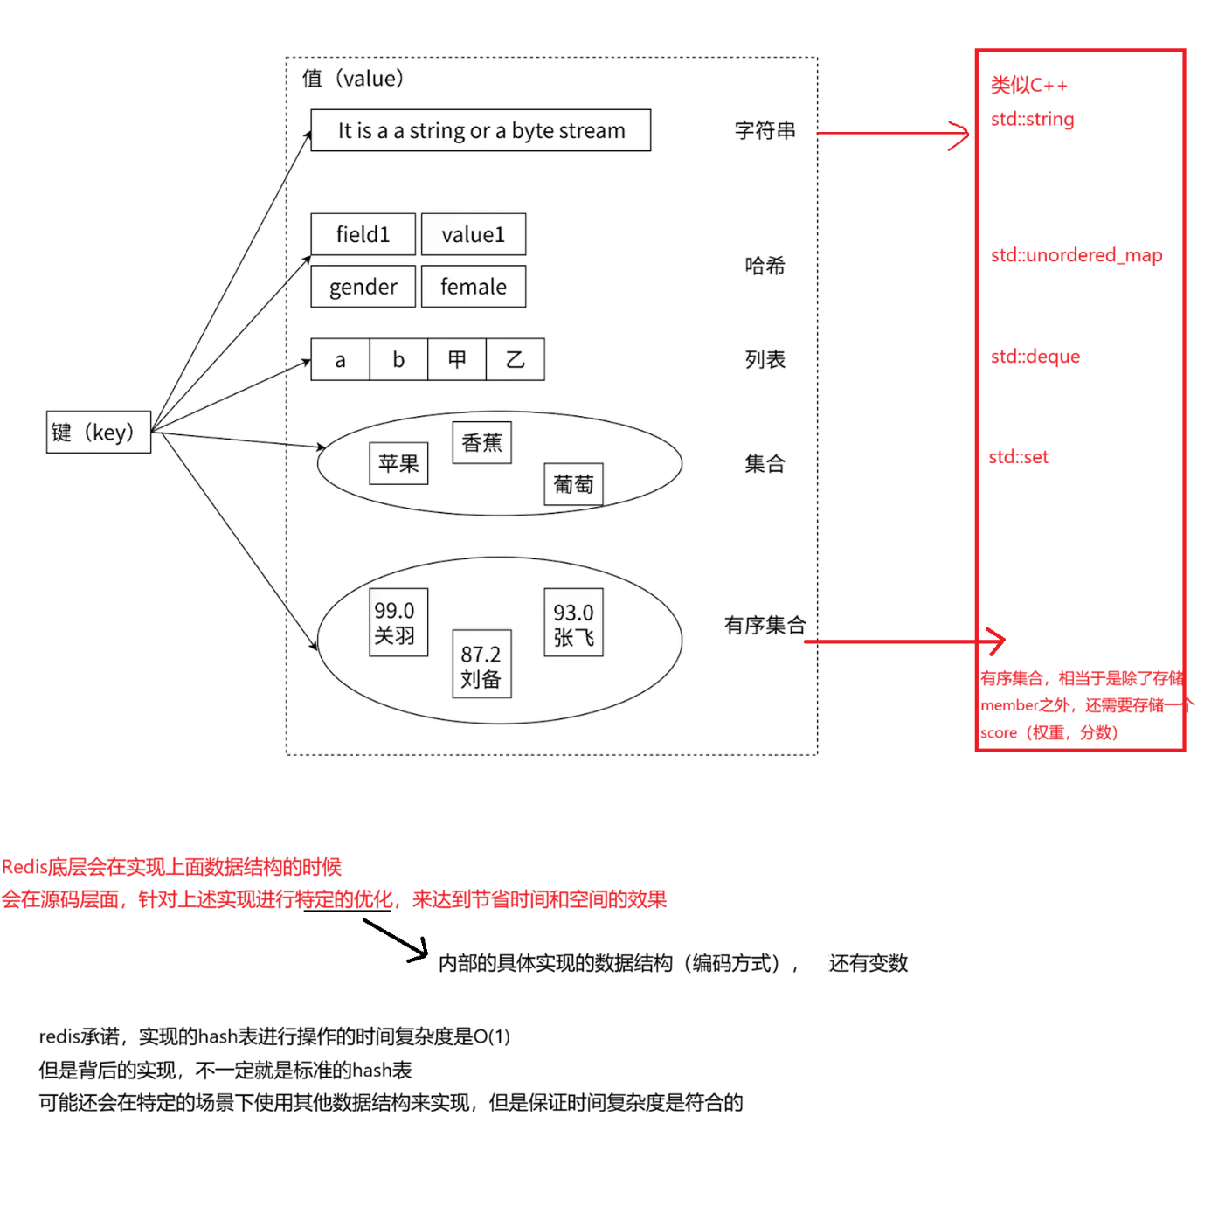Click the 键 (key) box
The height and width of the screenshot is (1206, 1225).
pos(98,432)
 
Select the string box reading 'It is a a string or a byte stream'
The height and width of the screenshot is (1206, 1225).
pos(481,130)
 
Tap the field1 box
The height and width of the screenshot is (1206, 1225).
pos(363,234)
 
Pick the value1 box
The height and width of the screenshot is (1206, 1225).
pos(473,234)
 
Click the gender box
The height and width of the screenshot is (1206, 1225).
pos(363,287)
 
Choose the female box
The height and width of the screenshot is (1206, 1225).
pos(473,287)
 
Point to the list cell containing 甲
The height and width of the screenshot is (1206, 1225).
pos(456,359)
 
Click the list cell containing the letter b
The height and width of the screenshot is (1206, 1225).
pos(398,359)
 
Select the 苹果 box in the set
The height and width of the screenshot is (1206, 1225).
pos(398,463)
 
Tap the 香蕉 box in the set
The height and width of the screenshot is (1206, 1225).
pos(481,442)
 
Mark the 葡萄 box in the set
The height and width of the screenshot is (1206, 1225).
pos(573,484)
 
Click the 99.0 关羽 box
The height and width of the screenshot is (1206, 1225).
pos(398,622)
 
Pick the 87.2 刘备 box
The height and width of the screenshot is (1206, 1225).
pos(481,664)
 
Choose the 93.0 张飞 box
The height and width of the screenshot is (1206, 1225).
pos(573,622)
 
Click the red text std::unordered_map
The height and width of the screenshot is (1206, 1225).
pos(1076,255)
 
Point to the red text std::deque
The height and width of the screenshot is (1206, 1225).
pos(1035,357)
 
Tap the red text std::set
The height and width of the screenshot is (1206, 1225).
pos(1018,457)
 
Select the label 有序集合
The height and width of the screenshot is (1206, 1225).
pos(764,625)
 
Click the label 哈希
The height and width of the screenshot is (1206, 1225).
pos(765,266)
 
